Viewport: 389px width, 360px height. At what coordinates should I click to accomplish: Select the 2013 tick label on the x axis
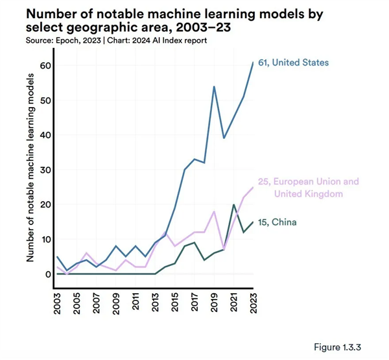tap(156, 299)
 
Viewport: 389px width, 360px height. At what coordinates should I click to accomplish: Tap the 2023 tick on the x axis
tap(252, 299)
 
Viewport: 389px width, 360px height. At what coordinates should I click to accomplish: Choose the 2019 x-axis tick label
tap(214, 299)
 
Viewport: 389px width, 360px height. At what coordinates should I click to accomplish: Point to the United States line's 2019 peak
tap(214, 87)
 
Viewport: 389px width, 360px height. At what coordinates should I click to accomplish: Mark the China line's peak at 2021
tap(233, 205)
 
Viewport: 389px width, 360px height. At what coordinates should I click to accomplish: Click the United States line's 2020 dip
tap(224, 138)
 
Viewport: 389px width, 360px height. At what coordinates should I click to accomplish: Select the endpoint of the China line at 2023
tap(252, 222)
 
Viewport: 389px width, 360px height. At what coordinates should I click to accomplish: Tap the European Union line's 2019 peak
tap(214, 211)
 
